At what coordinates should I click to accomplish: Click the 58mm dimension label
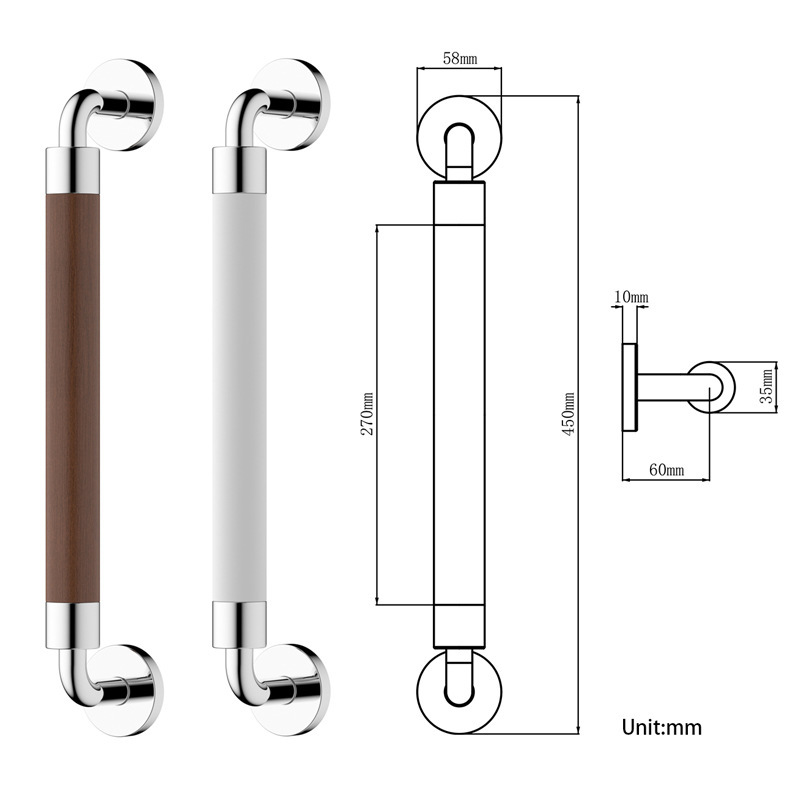(x=460, y=59)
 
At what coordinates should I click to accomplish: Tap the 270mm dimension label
(x=367, y=414)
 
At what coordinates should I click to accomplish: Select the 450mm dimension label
(x=568, y=414)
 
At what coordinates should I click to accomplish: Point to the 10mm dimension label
(x=631, y=297)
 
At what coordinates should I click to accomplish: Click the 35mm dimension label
(x=767, y=386)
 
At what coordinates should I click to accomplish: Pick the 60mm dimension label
(x=666, y=469)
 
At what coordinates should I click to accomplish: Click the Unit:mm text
(x=662, y=727)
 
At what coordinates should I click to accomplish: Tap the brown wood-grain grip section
(x=73, y=398)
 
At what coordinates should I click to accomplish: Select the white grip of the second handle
(x=239, y=398)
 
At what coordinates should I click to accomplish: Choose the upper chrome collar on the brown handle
(x=73, y=170)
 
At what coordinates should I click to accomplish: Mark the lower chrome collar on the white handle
(x=239, y=625)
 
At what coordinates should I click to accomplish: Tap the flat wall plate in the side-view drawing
(x=630, y=387)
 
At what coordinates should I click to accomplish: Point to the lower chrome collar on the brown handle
(x=73, y=625)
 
